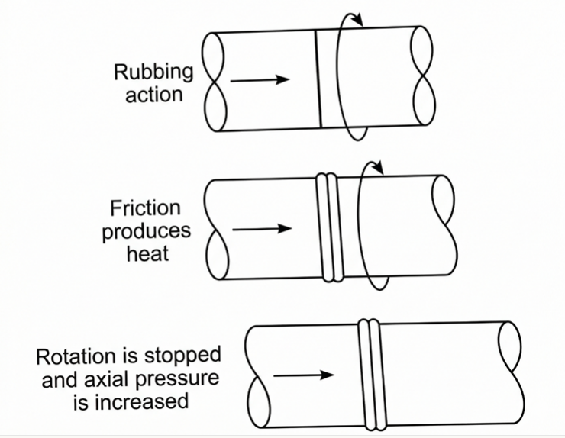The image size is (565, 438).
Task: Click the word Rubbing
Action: (x=153, y=72)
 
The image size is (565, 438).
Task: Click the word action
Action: (x=154, y=95)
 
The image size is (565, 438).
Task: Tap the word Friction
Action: (x=145, y=208)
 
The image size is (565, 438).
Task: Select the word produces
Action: (x=147, y=232)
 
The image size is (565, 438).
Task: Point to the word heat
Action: (x=147, y=253)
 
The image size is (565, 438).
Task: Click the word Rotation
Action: (x=76, y=356)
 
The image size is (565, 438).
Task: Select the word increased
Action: (x=141, y=401)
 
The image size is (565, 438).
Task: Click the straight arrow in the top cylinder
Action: (x=260, y=79)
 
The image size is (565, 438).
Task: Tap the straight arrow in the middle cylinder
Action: (x=262, y=228)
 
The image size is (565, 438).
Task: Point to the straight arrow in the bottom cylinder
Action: (x=304, y=375)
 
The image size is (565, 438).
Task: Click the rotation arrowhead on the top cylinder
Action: (x=358, y=20)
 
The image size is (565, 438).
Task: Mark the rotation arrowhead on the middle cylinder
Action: (x=378, y=167)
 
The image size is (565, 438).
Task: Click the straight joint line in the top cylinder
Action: (x=318, y=79)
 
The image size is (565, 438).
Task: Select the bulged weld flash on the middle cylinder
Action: (x=330, y=227)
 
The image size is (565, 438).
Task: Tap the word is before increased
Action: (x=81, y=401)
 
